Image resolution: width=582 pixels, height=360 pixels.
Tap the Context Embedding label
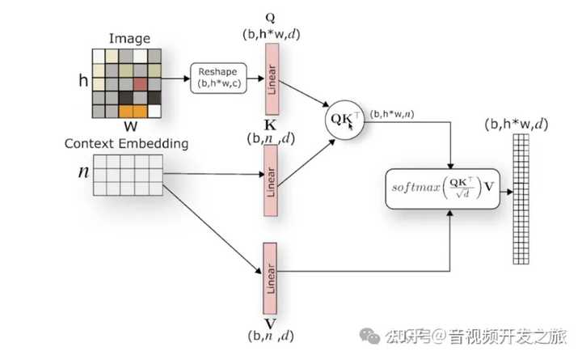coord(126,144)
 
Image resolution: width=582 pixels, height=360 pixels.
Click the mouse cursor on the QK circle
coord(352,126)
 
